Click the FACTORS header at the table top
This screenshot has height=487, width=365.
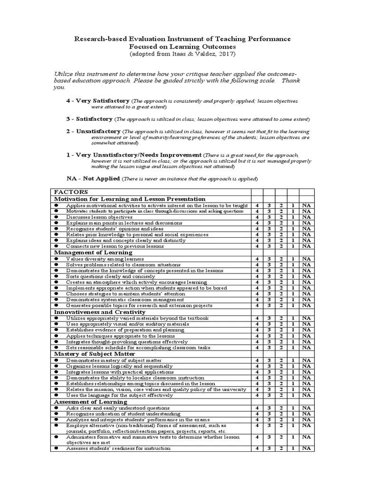pyautogui.click(x=69, y=192)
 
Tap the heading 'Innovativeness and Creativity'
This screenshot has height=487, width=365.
pyautogui.click(x=99, y=312)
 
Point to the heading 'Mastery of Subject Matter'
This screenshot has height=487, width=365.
pyautogui.click(x=95, y=354)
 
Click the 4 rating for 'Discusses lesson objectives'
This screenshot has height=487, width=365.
pyautogui.click(x=257, y=217)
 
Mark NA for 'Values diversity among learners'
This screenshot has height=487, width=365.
pyautogui.click(x=306, y=259)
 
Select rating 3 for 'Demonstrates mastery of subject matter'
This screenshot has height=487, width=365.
pyautogui.click(x=269, y=360)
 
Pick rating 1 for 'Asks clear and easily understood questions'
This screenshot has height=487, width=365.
pyautogui.click(x=293, y=408)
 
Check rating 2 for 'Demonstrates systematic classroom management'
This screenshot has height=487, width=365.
pyautogui.click(x=281, y=300)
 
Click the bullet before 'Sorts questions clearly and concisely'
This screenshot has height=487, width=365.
pyautogui.click(x=56, y=276)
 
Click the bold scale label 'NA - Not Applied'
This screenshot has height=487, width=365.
pyautogui.click(x=93, y=178)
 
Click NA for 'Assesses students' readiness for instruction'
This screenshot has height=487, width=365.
pyautogui.click(x=306, y=448)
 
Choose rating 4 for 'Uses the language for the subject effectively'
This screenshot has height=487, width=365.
pyautogui.click(x=257, y=395)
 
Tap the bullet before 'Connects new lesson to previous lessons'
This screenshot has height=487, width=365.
pyautogui.click(x=56, y=246)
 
